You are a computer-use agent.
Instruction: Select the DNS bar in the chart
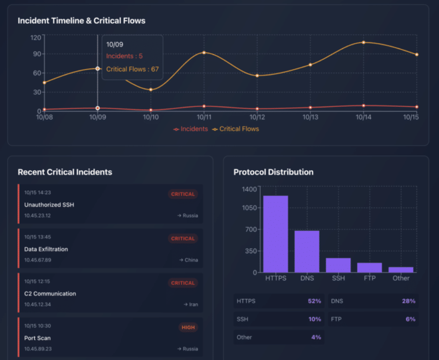click(x=307, y=251)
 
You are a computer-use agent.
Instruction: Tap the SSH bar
click(x=338, y=265)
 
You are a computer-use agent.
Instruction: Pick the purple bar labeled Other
click(x=401, y=270)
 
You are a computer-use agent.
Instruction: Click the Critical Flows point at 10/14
click(x=363, y=42)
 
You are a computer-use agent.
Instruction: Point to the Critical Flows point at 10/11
click(x=204, y=52)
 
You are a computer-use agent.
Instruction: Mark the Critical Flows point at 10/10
click(x=151, y=90)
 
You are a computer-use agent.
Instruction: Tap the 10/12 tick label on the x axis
click(x=257, y=117)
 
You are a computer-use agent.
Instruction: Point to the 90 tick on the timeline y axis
click(x=36, y=54)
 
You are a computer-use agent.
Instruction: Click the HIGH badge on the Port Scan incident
click(x=188, y=327)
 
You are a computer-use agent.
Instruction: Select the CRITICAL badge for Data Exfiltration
click(x=183, y=239)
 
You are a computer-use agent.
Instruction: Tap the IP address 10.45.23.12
click(x=38, y=216)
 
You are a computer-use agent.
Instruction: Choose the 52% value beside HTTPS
click(x=314, y=301)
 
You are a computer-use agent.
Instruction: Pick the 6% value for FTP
click(x=410, y=319)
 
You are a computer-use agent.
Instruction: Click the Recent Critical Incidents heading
click(x=65, y=172)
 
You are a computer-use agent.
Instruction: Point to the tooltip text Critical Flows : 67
click(x=132, y=69)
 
